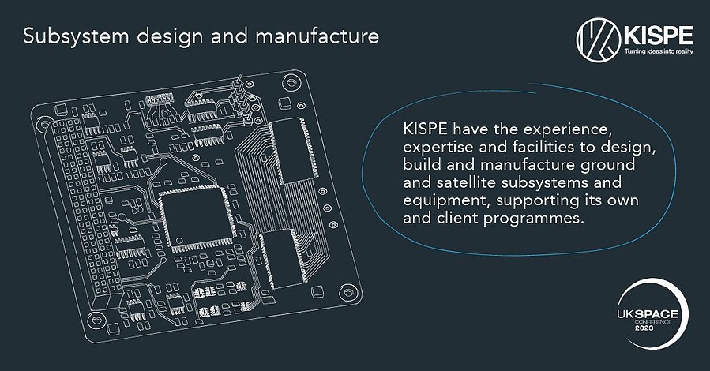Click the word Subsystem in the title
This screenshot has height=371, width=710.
[76, 36]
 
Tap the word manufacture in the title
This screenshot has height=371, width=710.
[317, 36]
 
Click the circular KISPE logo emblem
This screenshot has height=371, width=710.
[598, 39]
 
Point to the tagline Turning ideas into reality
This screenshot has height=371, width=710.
[659, 51]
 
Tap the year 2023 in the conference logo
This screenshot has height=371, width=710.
[644, 328]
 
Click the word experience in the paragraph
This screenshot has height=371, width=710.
[564, 129]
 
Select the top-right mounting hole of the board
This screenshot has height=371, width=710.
[291, 83]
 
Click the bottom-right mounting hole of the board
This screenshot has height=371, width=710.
[347, 292]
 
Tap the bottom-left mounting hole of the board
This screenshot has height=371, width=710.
[96, 320]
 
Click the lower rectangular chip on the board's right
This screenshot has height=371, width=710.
[282, 258]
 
